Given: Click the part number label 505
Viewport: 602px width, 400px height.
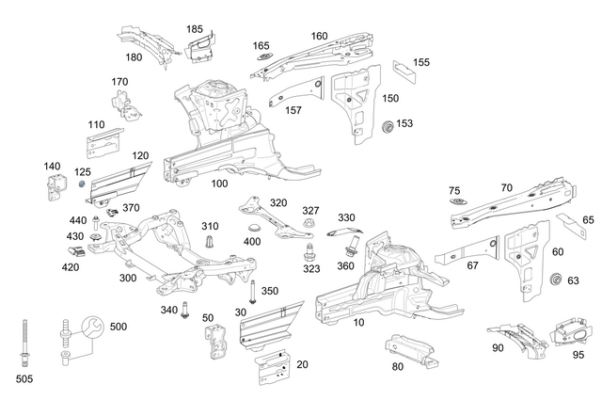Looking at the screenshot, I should coord(24,379).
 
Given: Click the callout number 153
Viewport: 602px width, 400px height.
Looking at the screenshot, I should coord(404,123).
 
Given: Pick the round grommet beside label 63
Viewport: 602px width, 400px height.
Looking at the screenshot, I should coord(555,280).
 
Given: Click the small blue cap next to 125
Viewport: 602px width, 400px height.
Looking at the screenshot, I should coord(83,184).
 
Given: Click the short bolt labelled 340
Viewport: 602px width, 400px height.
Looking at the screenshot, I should coord(185,311).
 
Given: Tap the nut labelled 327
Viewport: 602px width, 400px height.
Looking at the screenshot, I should coord(309,225).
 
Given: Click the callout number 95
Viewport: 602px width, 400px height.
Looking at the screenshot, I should coord(578,355).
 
